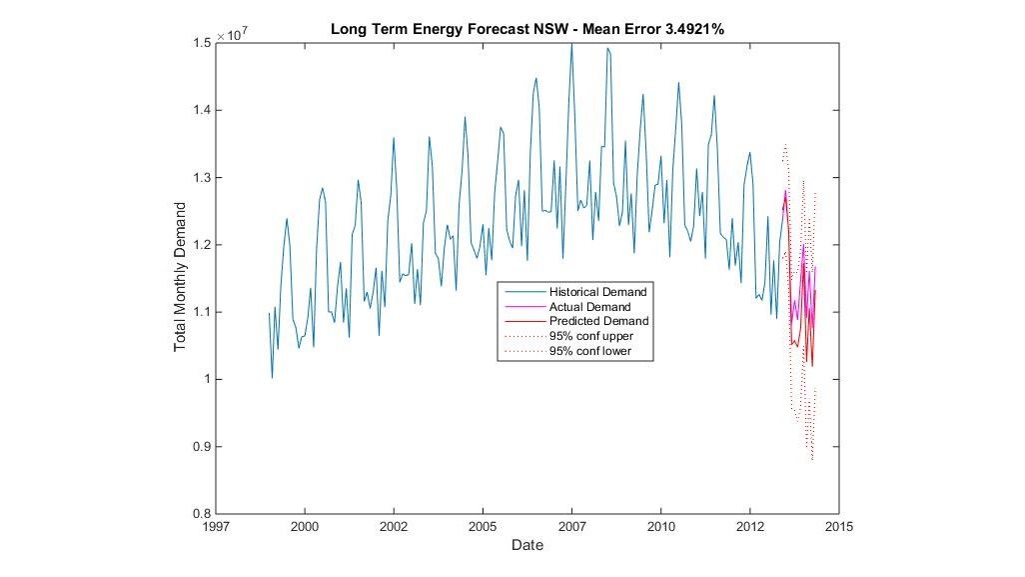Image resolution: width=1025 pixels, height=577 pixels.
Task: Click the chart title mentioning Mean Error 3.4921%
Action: pos(526,30)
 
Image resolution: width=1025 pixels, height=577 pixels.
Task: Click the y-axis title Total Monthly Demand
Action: pos(181,276)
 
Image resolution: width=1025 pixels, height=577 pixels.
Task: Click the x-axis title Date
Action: pos(526,546)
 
